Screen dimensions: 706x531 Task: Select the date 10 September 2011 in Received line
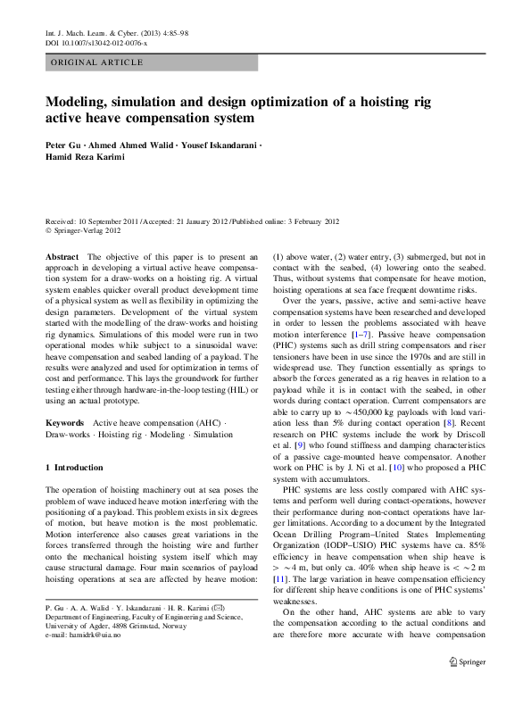(x=111, y=220)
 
